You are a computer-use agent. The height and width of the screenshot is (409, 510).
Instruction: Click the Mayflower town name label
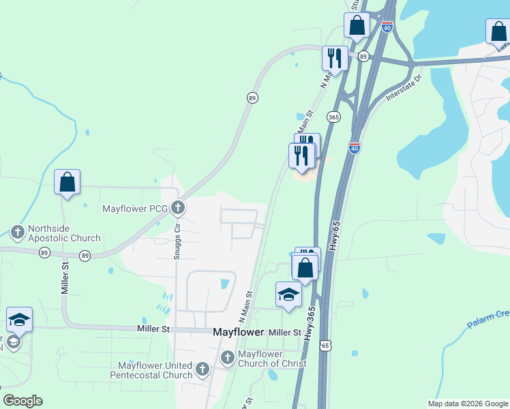[238, 332]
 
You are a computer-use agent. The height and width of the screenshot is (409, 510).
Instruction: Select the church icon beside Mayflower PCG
[178, 207]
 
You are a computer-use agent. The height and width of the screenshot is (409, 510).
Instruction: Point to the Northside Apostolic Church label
[64, 234]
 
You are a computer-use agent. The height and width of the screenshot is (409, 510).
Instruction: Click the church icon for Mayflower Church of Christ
[228, 357]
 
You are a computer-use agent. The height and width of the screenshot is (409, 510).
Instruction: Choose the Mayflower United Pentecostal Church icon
[202, 369]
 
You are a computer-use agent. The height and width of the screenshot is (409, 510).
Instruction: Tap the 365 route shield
[333, 117]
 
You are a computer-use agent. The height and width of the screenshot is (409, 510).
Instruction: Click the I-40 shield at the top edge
[387, 27]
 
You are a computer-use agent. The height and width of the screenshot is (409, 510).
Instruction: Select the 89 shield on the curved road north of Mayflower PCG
[252, 98]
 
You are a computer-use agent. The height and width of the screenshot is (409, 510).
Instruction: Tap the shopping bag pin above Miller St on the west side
[67, 183]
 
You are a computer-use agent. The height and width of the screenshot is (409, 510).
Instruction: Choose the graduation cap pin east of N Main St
[288, 295]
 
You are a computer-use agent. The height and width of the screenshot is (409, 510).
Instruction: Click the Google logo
[22, 401]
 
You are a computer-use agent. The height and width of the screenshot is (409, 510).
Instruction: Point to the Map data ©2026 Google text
[468, 404]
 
